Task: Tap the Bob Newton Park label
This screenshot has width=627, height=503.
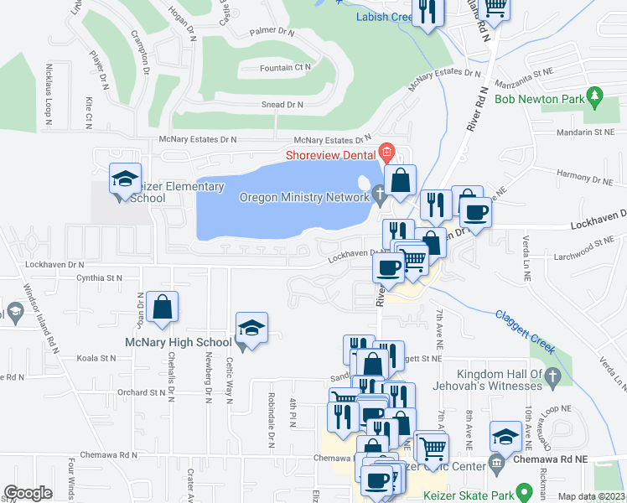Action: [539, 99]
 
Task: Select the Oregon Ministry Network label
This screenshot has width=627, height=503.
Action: [304, 197]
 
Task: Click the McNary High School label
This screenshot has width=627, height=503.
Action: [178, 342]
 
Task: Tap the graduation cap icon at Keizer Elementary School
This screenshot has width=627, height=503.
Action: [125, 178]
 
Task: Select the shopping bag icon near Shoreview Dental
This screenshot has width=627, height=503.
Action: [402, 179]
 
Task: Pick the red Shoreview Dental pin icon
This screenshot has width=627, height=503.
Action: [386, 153]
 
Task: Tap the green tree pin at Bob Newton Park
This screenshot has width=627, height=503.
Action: [596, 98]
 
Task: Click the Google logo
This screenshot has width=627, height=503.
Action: [28, 493]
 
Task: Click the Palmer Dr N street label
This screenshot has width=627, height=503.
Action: [273, 32]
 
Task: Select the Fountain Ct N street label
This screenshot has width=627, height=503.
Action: [285, 67]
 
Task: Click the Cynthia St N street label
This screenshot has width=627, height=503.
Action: [99, 277]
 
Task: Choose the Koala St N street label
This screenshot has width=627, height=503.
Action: [96, 358]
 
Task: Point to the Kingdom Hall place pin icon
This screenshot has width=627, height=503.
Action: [552, 379]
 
